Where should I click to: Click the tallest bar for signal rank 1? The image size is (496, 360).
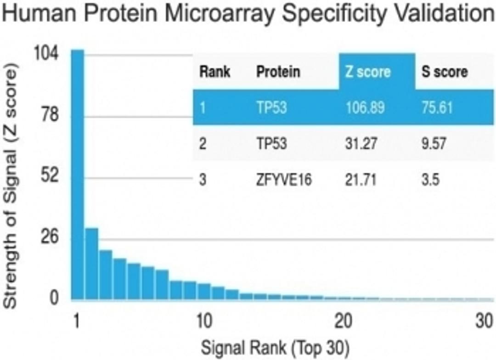coord(78,174)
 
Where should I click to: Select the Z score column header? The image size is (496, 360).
coord(367,72)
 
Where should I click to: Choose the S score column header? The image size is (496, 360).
coord(445,72)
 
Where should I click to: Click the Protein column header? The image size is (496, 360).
coord(278,72)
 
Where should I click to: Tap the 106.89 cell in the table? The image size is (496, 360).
coord(365,107)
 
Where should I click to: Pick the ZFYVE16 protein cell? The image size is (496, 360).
coord(284,180)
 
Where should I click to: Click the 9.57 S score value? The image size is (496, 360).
coord(434,144)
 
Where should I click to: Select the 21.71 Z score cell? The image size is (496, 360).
coord(361,180)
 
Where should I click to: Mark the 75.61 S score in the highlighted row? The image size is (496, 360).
coord(437,107)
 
